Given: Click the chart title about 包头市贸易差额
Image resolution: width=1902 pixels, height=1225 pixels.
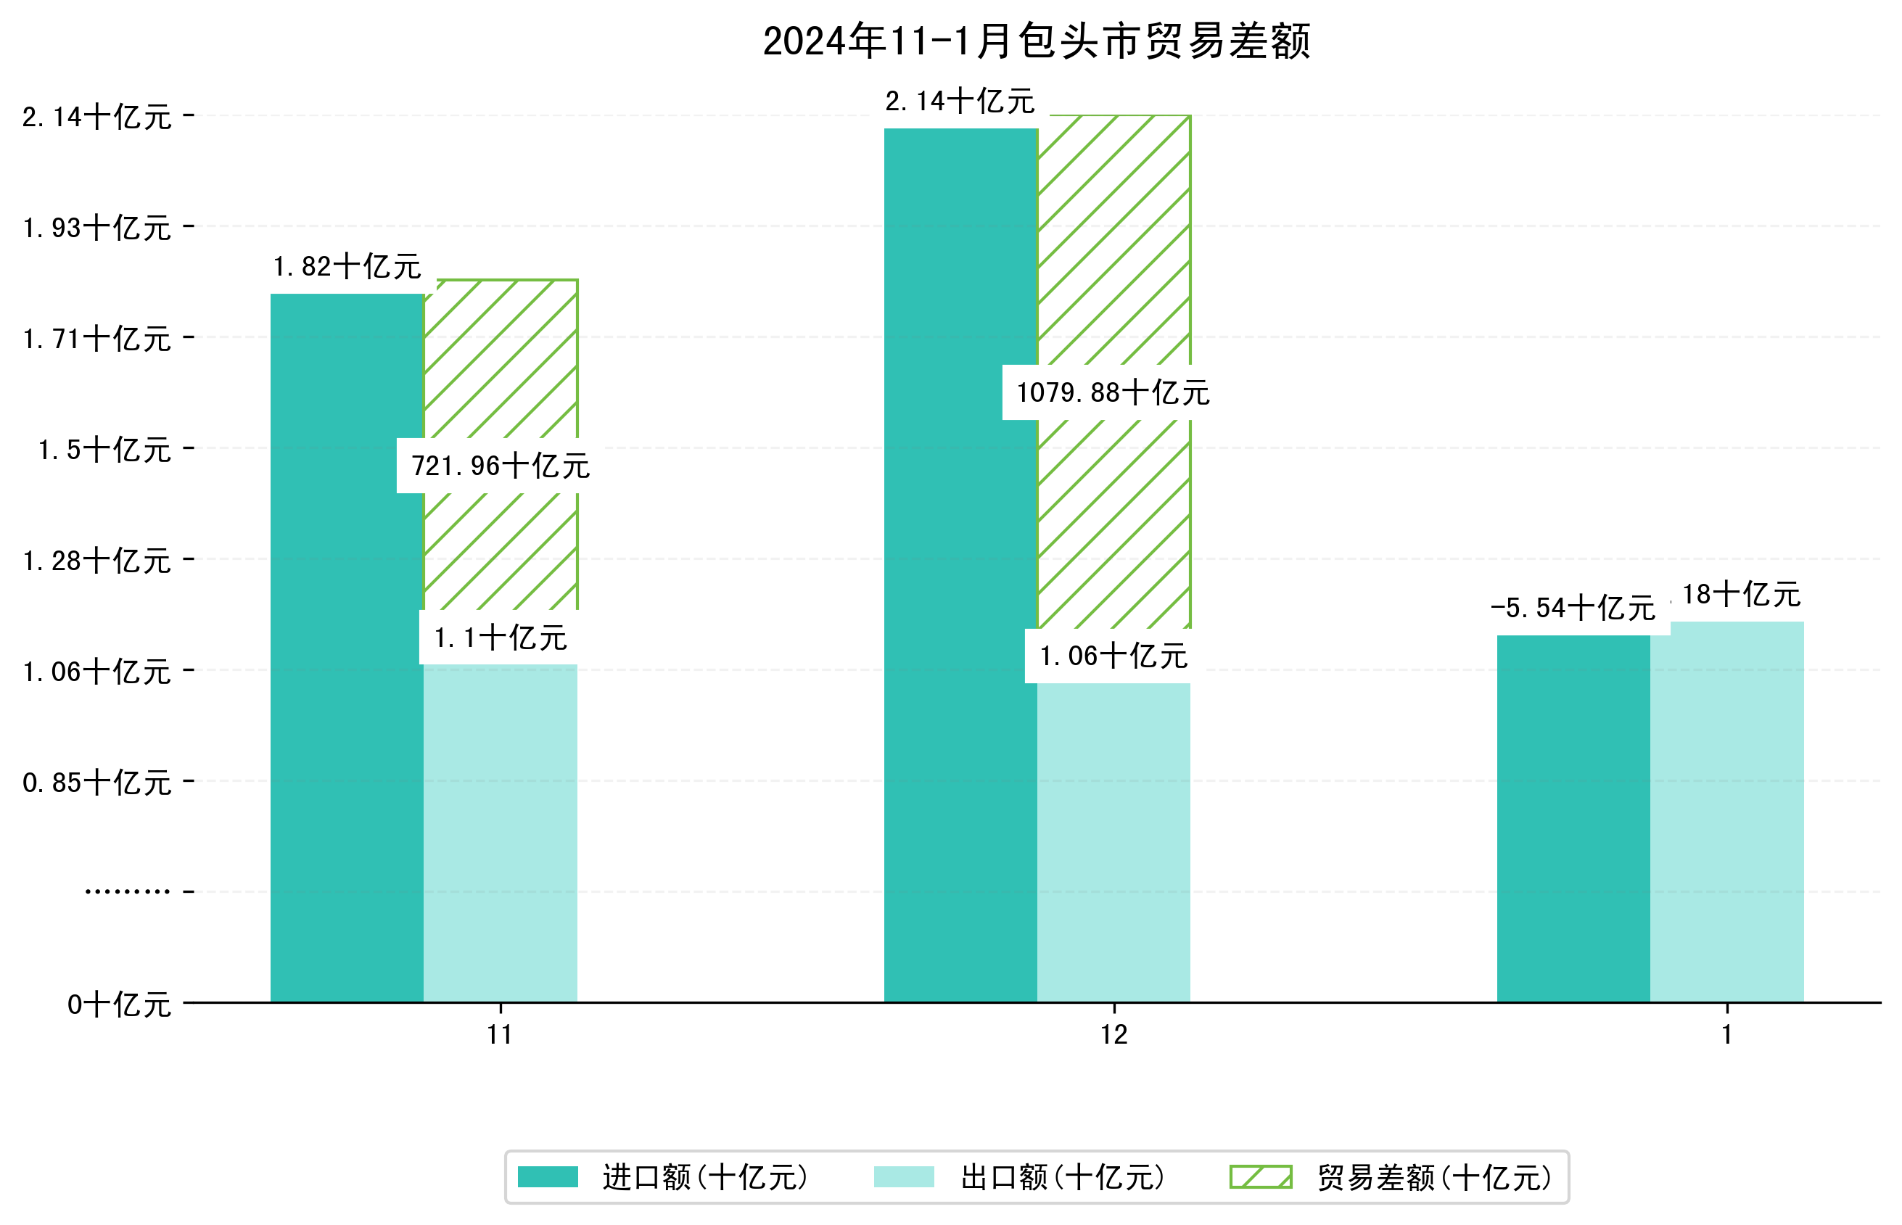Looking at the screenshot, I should (x=1036, y=41).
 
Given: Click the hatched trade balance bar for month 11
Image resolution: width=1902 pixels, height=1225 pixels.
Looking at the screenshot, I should (x=501, y=358).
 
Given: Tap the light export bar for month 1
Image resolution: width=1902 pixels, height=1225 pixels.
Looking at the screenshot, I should (x=1727, y=812).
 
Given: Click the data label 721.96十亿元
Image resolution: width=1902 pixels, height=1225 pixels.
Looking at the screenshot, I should (x=501, y=466).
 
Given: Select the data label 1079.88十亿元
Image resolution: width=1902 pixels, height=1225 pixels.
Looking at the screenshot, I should (x=1113, y=393).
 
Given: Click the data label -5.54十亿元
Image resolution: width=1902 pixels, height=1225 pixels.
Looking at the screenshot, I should (x=1573, y=609).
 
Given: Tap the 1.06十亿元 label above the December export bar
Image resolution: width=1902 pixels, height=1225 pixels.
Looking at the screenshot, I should (x=1113, y=656).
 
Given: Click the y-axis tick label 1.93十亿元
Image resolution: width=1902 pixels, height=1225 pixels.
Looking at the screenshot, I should (x=97, y=228).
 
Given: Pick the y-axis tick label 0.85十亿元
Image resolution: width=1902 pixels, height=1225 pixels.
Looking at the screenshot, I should (x=97, y=783).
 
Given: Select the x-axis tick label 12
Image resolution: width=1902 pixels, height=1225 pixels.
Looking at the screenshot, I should (x=1113, y=1035).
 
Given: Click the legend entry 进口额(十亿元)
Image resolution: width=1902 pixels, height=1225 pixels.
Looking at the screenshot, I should (x=705, y=1177).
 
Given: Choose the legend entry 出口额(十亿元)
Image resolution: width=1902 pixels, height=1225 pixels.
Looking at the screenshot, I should (x=1062, y=1177).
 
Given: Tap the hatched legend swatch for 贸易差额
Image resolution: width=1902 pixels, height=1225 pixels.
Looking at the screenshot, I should (x=1261, y=1177).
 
